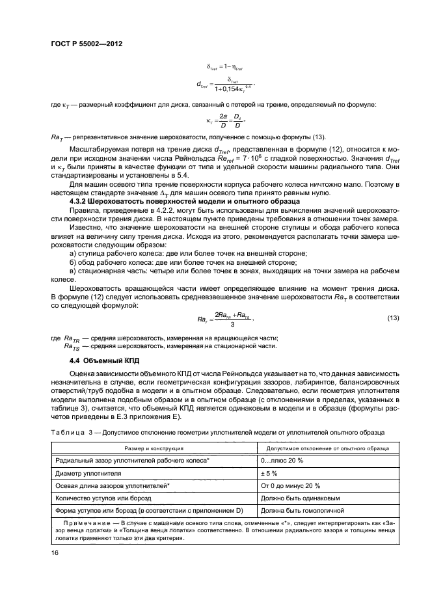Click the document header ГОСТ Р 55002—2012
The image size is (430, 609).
tap(87, 43)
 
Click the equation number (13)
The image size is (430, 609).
tap(392, 318)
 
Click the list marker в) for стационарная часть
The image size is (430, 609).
tap(73, 279)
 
